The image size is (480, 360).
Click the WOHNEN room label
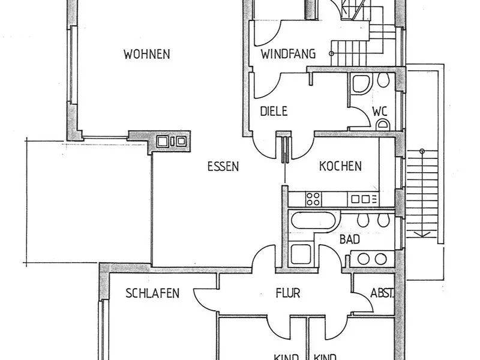click(146, 55)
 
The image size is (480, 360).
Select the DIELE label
click(274, 111)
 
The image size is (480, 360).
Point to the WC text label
click(379, 111)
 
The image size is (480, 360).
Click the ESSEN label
click(223, 167)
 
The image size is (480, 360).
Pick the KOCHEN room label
click(340, 166)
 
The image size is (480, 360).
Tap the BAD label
click(350, 239)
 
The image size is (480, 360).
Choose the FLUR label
click(287, 294)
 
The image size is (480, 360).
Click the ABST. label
click(382, 294)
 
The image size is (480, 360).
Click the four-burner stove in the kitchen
click(314, 198)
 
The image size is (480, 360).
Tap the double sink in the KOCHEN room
click(362, 199)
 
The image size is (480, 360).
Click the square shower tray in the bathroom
click(300, 254)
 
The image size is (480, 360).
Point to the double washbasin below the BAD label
click(372, 259)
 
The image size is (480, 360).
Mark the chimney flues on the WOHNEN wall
click(171, 142)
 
